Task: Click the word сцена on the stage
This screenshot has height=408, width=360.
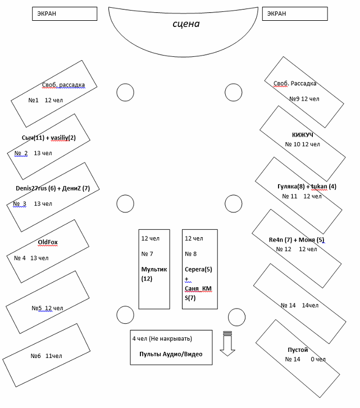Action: pyautogui.click(x=186, y=24)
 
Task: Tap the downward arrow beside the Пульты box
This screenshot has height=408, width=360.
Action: pyautogui.click(x=227, y=343)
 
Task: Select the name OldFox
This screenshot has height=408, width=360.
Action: pyautogui.click(x=48, y=242)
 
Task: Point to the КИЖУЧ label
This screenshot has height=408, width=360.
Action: pyautogui.click(x=302, y=135)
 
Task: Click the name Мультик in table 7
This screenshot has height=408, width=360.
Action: pyautogui.click(x=154, y=269)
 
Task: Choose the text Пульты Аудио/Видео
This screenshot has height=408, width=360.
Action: pyautogui.click(x=171, y=354)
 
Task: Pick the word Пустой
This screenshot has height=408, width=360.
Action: pyautogui.click(x=298, y=350)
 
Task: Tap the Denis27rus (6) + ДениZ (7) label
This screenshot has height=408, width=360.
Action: pyautogui.click(x=49, y=188)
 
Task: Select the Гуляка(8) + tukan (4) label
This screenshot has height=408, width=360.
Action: pyautogui.click(x=307, y=187)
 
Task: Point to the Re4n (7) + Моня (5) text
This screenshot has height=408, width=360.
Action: pyautogui.click(x=297, y=240)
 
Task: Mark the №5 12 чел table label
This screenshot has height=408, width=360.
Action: pyautogui.click(x=47, y=308)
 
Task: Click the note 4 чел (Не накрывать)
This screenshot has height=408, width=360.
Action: pyautogui.click(x=162, y=338)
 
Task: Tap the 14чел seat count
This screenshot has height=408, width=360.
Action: pyautogui.click(x=310, y=305)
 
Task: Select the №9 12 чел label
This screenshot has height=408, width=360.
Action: pyautogui.click(x=304, y=99)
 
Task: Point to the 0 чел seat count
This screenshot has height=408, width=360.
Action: pyautogui.click(x=318, y=359)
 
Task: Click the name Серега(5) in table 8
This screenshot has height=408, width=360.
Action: pyautogui.click(x=198, y=269)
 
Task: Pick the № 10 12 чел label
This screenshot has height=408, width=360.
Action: pyautogui.click(x=302, y=144)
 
